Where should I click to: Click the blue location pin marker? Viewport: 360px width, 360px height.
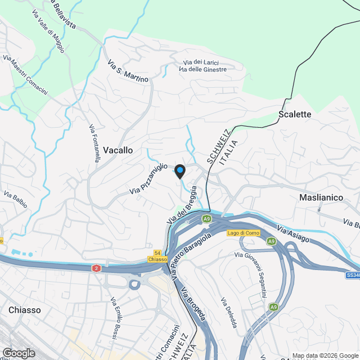180,171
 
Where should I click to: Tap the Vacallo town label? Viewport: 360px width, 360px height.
118,150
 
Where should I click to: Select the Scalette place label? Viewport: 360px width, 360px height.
295,114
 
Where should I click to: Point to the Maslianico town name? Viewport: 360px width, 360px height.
321,198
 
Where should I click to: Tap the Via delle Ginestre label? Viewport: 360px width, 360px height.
202,69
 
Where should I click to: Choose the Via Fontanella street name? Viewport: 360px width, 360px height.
94,143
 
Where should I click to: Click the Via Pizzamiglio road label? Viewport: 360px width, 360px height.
149,179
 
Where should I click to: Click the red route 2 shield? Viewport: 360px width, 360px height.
97,268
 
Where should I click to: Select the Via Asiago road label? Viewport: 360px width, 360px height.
292,235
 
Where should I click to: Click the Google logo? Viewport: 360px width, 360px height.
19,353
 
